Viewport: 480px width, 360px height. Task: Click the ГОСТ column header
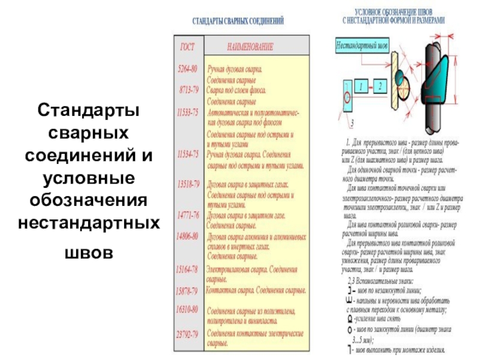point(188,46)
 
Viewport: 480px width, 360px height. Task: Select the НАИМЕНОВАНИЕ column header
point(250,46)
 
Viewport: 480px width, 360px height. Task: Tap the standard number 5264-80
point(188,69)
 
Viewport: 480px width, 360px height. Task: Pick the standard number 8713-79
point(188,89)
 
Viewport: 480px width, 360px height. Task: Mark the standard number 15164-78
point(187,269)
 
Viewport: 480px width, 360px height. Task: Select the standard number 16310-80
point(187,311)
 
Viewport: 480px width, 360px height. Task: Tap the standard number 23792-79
point(187,334)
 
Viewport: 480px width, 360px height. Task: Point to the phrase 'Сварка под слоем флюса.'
point(236,89)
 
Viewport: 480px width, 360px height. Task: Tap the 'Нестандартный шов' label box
point(361,45)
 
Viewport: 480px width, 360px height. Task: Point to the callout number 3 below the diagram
point(351,123)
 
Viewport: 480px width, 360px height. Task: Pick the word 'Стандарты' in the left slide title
point(88,111)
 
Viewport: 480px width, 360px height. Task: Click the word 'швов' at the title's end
point(88,253)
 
